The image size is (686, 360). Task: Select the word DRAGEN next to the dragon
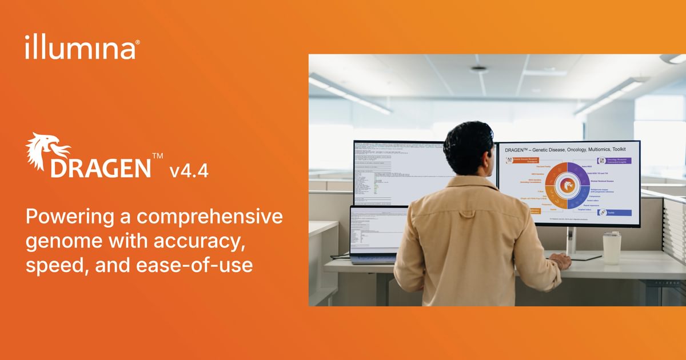tap(100, 168)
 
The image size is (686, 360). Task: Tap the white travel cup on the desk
tap(611, 247)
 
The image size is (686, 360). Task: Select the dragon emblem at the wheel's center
tap(568, 186)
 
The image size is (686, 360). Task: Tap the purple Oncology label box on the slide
tap(615, 161)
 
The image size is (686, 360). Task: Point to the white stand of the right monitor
tap(570, 240)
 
